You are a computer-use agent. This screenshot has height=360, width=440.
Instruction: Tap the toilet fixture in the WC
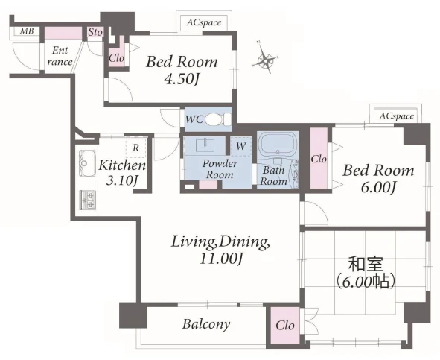tap(218, 120)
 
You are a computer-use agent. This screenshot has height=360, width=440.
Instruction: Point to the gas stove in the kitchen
tap(87, 200)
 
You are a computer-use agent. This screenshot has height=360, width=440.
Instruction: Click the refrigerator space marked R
tap(135, 148)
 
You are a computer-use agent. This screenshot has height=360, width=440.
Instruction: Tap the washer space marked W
tap(240, 146)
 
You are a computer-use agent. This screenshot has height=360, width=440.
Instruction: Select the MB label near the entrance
tap(27, 31)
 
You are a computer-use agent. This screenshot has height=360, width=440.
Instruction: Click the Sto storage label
tap(95, 32)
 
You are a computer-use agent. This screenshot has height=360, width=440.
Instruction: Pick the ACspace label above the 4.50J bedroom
tap(204, 22)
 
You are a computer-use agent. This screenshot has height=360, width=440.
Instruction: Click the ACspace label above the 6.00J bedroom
tap(397, 116)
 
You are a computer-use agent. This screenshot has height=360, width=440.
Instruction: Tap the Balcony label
tap(206, 324)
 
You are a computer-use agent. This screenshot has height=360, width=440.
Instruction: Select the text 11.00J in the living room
tap(221, 259)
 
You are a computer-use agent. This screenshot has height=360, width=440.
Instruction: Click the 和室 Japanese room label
tap(366, 265)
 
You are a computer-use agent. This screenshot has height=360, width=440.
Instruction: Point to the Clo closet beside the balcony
tap(285, 326)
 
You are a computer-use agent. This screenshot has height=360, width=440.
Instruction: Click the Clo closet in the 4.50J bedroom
tap(116, 58)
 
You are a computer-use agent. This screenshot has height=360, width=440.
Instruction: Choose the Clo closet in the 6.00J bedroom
tap(319, 159)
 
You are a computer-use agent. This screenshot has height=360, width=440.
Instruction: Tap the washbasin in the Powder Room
tap(205, 145)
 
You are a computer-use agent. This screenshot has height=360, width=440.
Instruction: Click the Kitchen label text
tap(122, 165)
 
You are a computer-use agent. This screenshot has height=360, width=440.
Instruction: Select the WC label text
tap(194, 119)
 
